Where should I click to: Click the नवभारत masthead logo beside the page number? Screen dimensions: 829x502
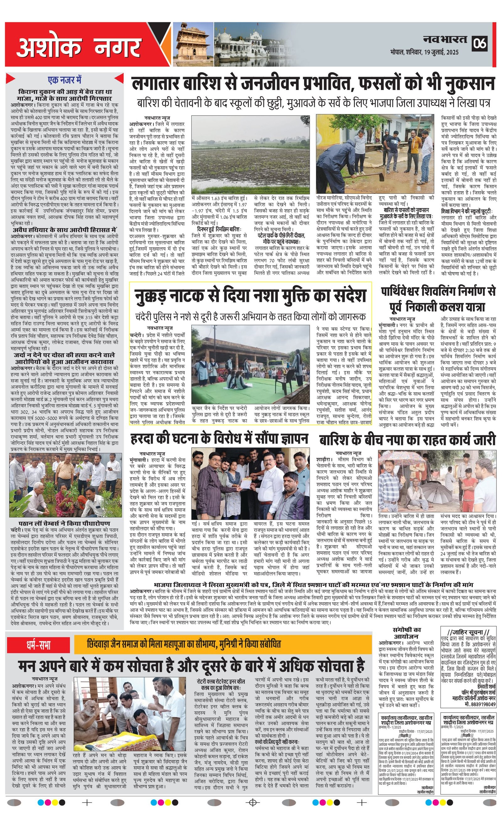[x=445, y=40]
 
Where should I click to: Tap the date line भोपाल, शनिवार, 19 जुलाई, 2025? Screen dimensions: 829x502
[x=424, y=52]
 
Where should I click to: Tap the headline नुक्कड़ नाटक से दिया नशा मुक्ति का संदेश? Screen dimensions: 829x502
[x=250, y=296]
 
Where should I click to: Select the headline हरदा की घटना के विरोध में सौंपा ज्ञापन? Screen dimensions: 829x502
[x=219, y=439]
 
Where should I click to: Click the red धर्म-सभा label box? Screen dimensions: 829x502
[x=39, y=645]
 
